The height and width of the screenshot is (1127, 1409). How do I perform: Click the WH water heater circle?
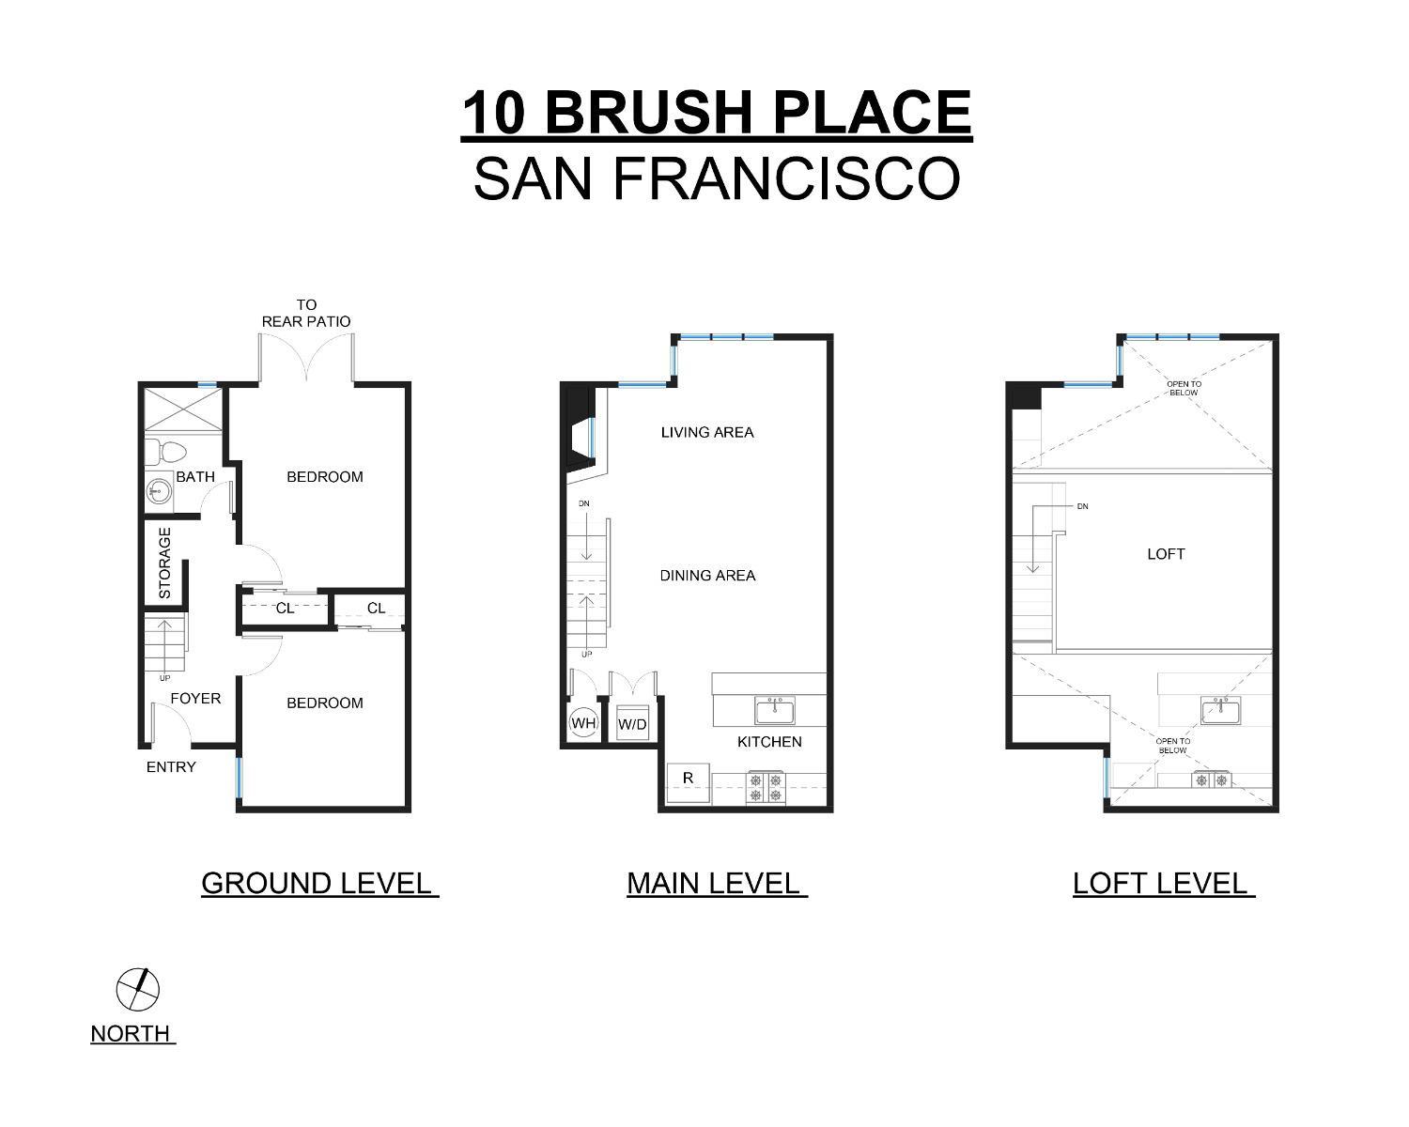click(583, 723)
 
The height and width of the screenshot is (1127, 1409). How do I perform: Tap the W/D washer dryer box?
click(632, 724)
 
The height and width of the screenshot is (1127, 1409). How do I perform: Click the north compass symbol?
click(138, 989)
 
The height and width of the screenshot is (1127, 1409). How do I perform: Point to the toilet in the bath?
click(165, 451)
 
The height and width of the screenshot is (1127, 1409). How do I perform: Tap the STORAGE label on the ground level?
click(165, 563)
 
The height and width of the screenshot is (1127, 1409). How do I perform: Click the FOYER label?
click(195, 699)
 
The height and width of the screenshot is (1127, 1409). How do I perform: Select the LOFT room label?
click(1166, 554)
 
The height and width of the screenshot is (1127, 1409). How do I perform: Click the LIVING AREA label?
click(707, 433)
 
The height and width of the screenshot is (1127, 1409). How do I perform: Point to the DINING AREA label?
click(707, 576)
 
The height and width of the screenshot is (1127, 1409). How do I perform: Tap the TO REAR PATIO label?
click(306, 313)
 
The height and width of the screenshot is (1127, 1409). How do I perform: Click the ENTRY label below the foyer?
click(171, 767)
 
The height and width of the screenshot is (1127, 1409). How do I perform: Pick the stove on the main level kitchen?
click(766, 787)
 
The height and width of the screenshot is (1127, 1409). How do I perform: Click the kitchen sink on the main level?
click(775, 711)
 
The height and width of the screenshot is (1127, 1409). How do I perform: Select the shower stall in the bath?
click(184, 410)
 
